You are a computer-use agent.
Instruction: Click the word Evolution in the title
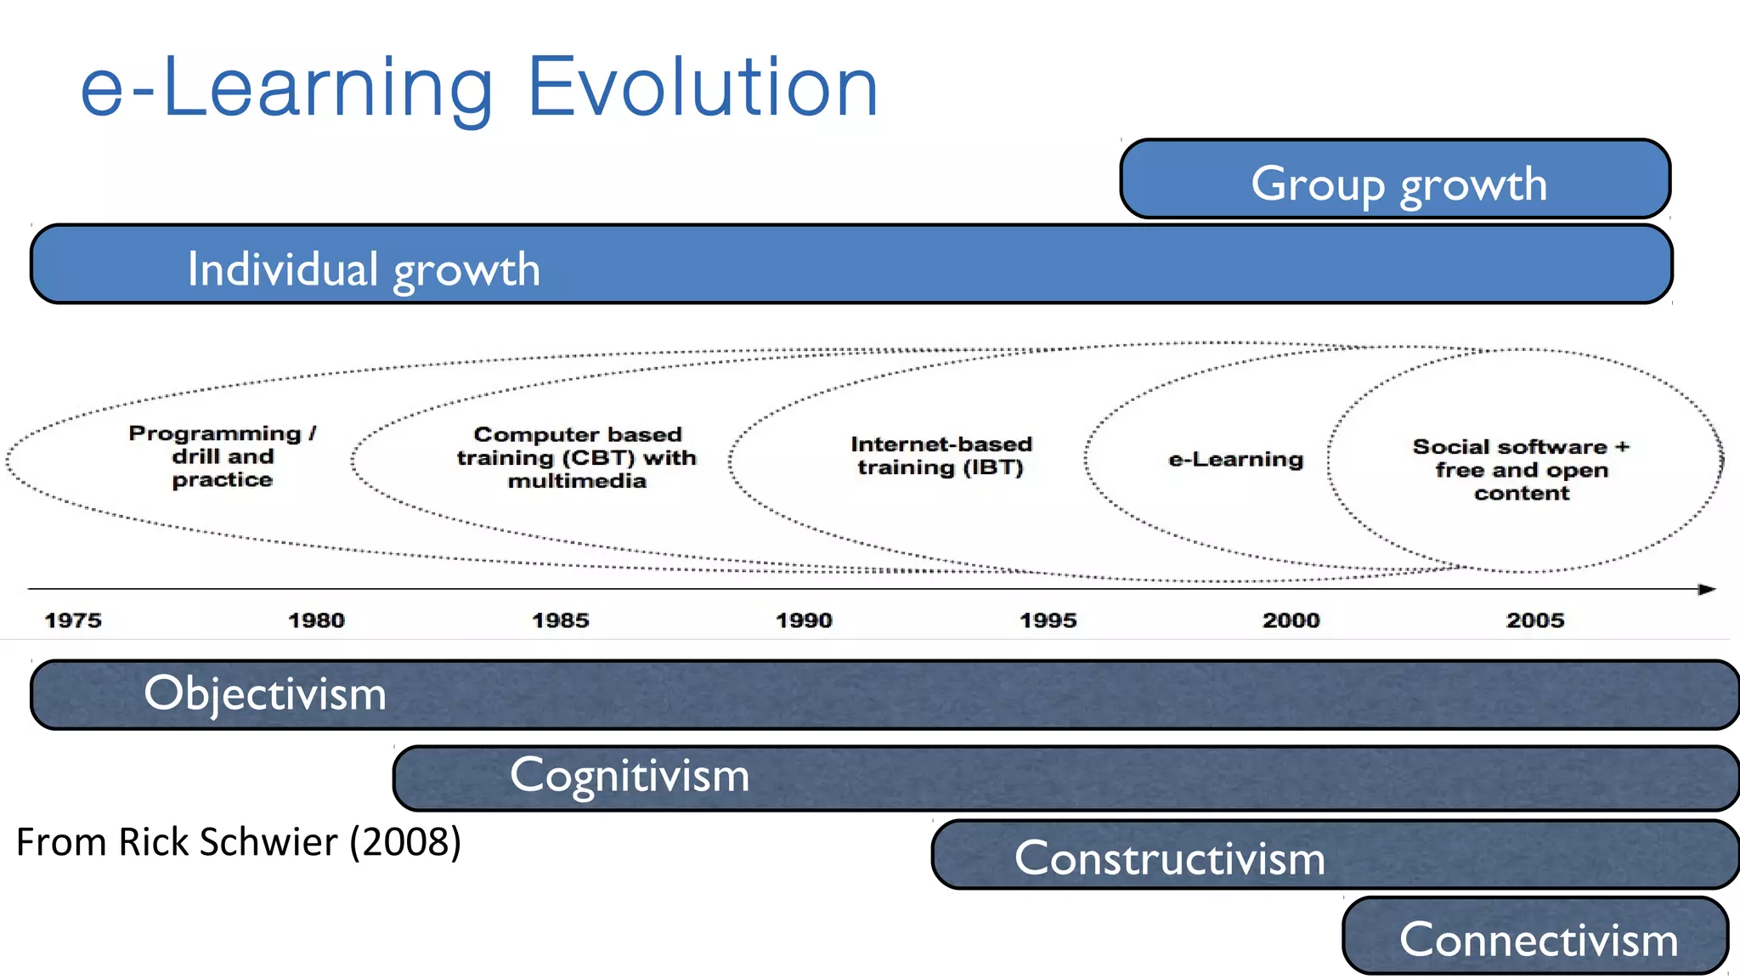coord(703,87)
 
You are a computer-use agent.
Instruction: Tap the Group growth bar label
coord(1398,184)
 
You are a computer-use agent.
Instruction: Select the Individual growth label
coord(364,269)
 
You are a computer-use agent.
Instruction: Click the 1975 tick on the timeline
coord(73,620)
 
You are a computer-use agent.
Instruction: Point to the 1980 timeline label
coord(316,620)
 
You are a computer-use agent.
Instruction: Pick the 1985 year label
coord(560,620)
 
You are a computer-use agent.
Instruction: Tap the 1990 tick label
coord(804,620)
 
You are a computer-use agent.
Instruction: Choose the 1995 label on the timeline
coord(1048,620)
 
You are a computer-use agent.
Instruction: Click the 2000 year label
coord(1291,620)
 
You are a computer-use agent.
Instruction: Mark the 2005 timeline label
coord(1534,620)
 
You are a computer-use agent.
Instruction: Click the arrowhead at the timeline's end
coord(1707,589)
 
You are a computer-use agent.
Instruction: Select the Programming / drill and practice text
coord(223,456)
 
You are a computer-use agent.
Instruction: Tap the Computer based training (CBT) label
coord(577,457)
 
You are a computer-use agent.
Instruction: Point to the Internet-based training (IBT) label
coord(941,456)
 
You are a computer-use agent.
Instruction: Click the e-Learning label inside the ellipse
coord(1235,460)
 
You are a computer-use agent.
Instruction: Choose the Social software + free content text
coord(1521,469)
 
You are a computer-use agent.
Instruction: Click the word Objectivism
coord(265,693)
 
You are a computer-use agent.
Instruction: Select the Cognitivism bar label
coord(630,776)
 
